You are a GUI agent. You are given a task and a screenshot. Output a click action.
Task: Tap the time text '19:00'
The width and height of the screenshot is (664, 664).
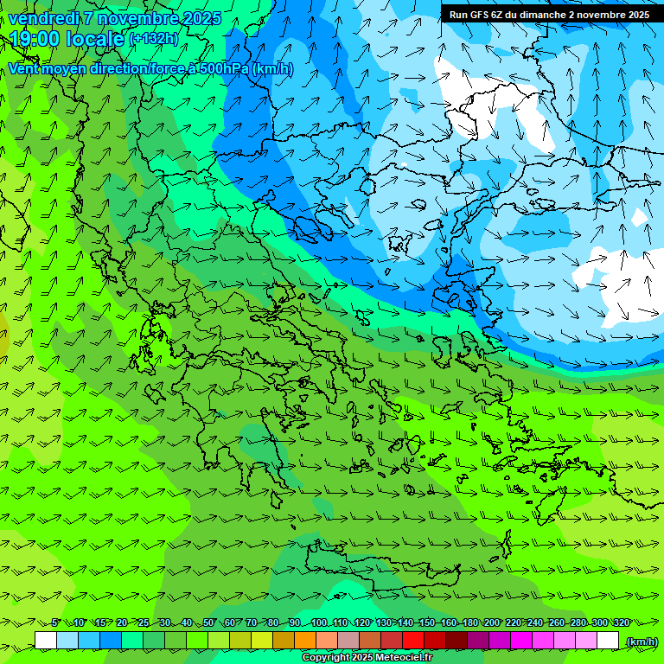[x=34, y=39]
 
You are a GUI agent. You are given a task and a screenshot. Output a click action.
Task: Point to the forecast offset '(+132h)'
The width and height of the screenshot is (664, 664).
[x=154, y=39]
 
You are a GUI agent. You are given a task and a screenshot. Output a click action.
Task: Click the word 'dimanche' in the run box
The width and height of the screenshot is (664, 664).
[x=540, y=15]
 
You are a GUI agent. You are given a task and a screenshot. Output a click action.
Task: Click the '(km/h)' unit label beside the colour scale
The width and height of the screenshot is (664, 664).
[x=641, y=642]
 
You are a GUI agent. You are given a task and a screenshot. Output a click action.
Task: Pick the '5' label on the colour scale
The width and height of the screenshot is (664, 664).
[x=55, y=622]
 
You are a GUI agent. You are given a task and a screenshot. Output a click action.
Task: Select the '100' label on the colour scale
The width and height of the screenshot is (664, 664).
[x=319, y=622]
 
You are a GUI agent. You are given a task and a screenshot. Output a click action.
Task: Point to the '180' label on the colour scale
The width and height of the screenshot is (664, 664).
[x=470, y=622]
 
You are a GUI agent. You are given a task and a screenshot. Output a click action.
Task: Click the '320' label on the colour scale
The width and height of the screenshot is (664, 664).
[x=621, y=622]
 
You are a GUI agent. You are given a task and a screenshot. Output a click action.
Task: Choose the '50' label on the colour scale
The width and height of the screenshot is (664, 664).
[x=208, y=622]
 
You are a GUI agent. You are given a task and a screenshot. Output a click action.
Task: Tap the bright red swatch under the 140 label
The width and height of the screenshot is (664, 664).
[x=413, y=641]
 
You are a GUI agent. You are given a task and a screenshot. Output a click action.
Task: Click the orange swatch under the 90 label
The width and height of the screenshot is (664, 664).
[x=305, y=641]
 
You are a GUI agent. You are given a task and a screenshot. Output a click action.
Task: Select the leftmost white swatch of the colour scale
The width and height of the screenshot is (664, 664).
[x=46, y=641]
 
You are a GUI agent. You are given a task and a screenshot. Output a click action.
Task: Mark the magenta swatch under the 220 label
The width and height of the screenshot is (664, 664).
[x=521, y=641]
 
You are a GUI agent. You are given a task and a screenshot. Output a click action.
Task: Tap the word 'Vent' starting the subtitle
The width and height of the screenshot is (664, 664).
[x=24, y=69]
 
